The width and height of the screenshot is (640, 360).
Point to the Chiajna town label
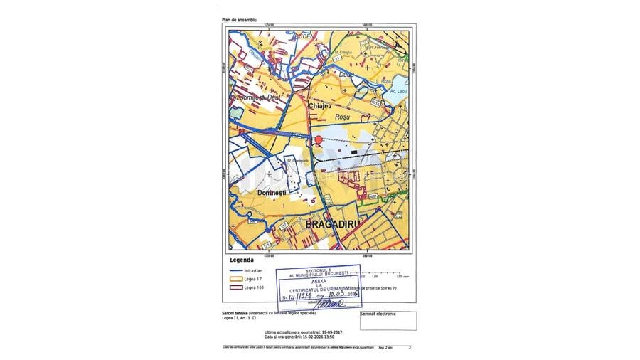click(321, 105)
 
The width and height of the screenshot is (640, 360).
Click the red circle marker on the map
click(319, 140)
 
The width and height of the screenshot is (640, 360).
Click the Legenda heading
click(242, 260)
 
